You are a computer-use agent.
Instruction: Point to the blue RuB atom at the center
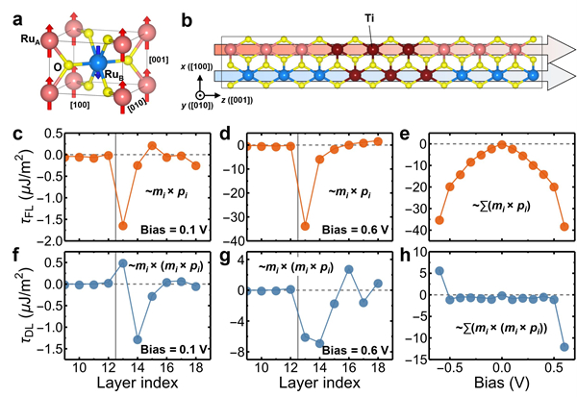point(98,64)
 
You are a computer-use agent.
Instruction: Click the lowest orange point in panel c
point(122,225)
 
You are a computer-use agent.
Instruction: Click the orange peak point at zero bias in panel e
point(501,145)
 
